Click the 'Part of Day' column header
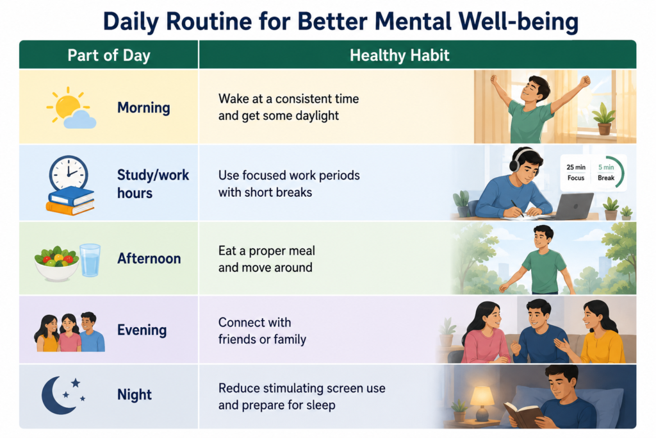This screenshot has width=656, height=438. pyautogui.click(x=109, y=55)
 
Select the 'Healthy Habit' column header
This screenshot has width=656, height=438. pyautogui.click(x=400, y=55)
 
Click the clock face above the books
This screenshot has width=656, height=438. pyautogui.click(x=69, y=173)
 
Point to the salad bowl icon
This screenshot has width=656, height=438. pyautogui.click(x=56, y=264)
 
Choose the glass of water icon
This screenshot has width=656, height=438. pyautogui.click(x=90, y=260)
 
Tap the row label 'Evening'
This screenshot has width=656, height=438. pyautogui.click(x=142, y=330)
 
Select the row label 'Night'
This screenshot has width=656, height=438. pyautogui.click(x=135, y=394)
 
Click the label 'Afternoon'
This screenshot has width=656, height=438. pyautogui.click(x=149, y=258)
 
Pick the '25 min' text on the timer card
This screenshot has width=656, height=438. pyautogui.click(x=576, y=167)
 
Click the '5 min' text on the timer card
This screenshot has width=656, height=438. pyautogui.click(x=606, y=167)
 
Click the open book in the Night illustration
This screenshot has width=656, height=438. pyautogui.click(x=522, y=414)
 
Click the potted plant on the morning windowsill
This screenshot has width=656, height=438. pyautogui.click(x=603, y=119)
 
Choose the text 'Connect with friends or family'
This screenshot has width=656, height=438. pyautogui.click(x=262, y=331)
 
